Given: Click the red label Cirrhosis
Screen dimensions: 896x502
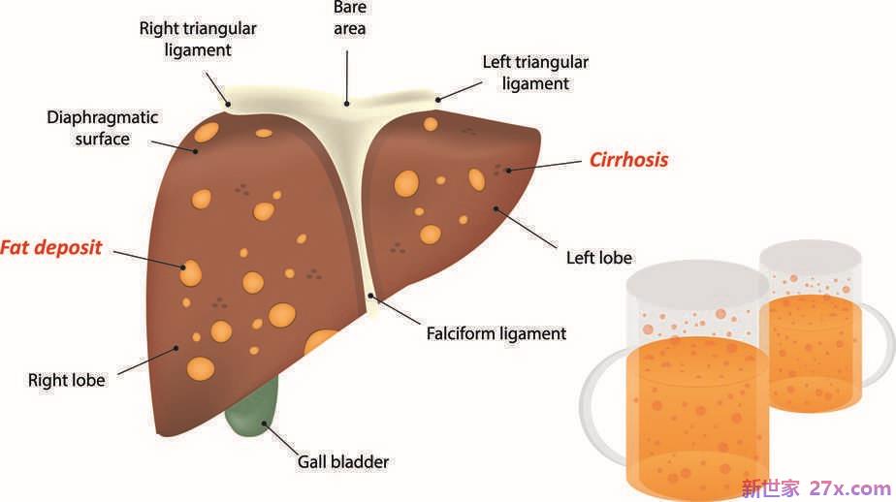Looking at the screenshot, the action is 628,159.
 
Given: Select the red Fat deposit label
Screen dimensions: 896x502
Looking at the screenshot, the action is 50,248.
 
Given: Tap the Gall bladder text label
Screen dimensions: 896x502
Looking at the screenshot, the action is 343,461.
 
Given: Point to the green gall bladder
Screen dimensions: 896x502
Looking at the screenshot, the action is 253,408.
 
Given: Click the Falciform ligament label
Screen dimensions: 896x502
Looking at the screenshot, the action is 496,333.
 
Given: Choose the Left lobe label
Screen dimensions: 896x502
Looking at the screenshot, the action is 599,258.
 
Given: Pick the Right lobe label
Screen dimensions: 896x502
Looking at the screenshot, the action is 66,380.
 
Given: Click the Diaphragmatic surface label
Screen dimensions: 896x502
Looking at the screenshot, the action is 102,128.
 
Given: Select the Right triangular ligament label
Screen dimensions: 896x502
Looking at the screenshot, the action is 198,39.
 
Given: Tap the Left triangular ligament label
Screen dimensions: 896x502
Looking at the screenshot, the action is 535,73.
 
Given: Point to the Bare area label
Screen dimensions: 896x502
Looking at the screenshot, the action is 350,18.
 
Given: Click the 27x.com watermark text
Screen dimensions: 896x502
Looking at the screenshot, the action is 850,488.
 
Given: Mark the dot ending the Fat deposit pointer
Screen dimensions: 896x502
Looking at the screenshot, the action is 183,267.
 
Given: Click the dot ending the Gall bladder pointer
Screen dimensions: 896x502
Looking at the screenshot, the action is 264,424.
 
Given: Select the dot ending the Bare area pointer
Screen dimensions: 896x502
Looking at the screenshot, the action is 346,104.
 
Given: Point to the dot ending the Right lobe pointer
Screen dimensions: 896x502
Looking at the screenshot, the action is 176,348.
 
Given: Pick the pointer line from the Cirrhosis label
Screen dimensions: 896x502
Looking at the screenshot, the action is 545,166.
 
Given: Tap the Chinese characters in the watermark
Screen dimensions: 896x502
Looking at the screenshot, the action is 771,488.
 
